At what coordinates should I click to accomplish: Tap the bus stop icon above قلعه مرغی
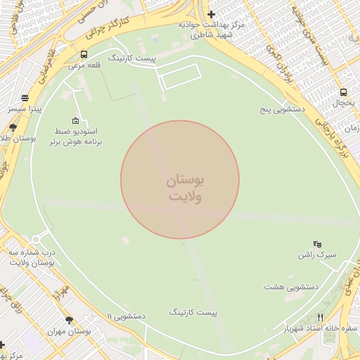click(x=84, y=54)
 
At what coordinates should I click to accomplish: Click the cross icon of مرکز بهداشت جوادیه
click(x=211, y=14)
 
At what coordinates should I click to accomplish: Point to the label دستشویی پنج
click(x=281, y=110)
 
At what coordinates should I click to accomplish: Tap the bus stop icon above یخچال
click(x=343, y=92)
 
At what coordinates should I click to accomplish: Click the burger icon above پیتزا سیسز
click(x=25, y=98)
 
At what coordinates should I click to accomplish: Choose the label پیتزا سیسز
click(x=25, y=110)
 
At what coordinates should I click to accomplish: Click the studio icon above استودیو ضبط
click(x=75, y=120)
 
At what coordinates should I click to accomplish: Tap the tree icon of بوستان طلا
click(x=13, y=127)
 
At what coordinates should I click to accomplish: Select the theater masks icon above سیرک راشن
click(x=317, y=243)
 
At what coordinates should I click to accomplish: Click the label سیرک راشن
click(x=317, y=255)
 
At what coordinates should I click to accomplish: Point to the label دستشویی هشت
click(x=292, y=287)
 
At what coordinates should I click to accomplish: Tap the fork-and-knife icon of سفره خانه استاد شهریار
click(x=321, y=317)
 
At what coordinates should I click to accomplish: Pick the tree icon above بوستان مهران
click(x=68, y=320)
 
